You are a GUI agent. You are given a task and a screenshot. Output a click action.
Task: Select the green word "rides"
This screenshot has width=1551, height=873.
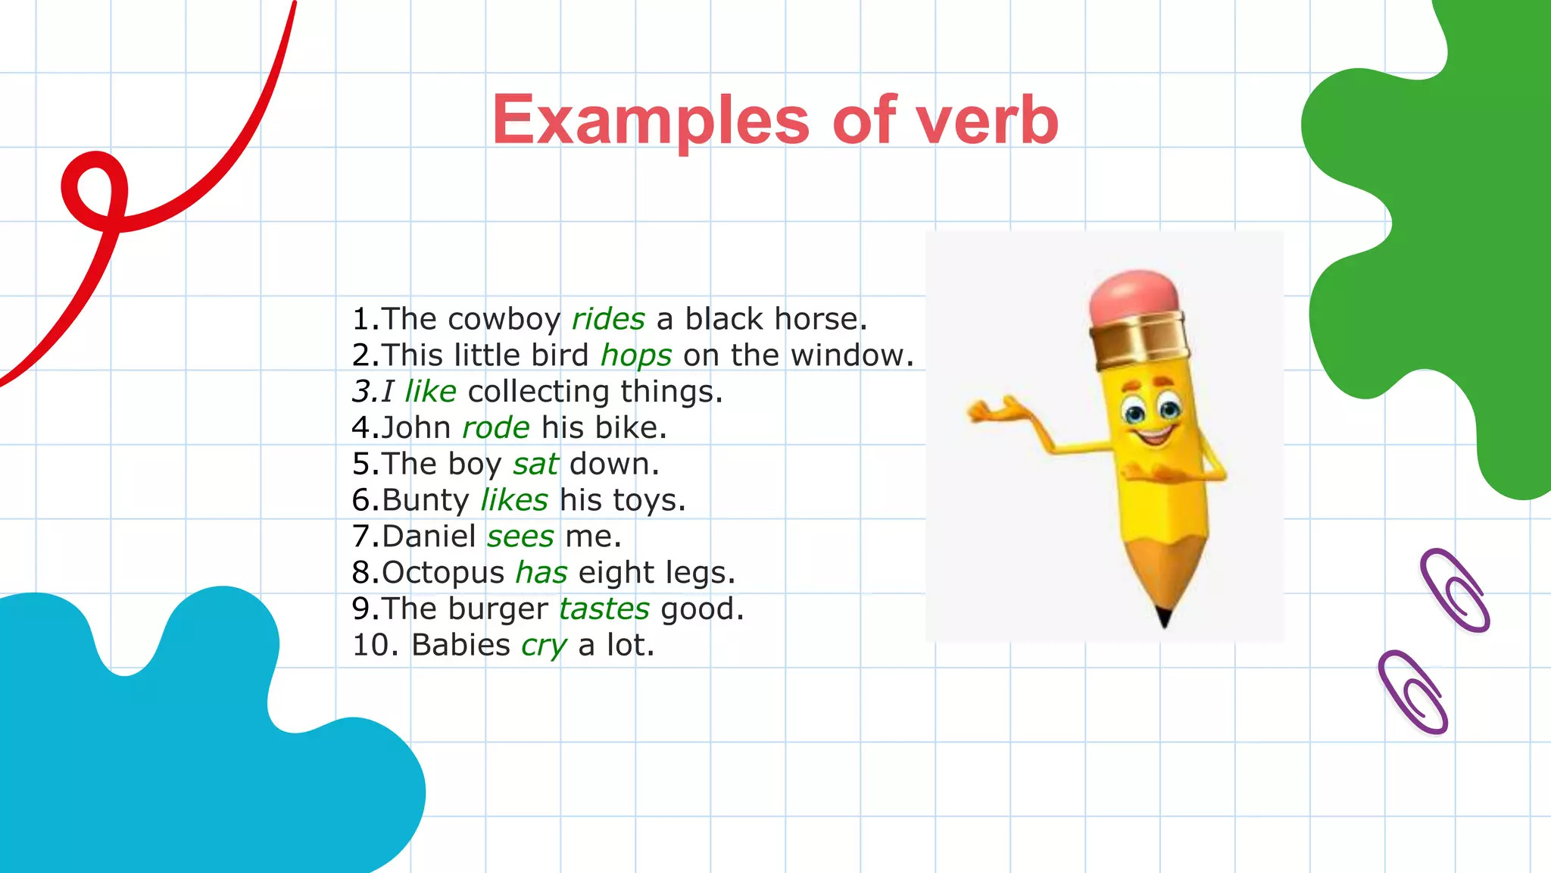click(608, 319)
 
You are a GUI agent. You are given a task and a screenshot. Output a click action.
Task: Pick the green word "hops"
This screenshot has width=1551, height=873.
click(636, 355)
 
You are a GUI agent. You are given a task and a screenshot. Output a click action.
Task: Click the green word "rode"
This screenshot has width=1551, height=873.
click(496, 428)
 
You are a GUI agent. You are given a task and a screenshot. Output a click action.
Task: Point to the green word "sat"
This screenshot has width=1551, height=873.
click(535, 464)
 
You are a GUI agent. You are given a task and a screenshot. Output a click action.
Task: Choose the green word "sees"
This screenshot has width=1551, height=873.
click(520, 537)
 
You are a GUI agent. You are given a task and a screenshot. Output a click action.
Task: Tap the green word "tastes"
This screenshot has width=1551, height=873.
click(604, 609)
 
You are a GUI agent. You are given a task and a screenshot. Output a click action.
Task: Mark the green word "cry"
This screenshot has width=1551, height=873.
click(544, 646)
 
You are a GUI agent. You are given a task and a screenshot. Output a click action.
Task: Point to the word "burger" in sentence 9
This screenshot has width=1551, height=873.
click(498, 609)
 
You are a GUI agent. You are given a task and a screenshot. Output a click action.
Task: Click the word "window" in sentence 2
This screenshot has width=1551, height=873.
click(847, 355)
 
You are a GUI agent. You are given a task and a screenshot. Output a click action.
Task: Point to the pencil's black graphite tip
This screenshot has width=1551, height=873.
click(1164, 617)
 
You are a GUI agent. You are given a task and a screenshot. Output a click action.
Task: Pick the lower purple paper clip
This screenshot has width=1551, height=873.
click(1412, 691)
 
